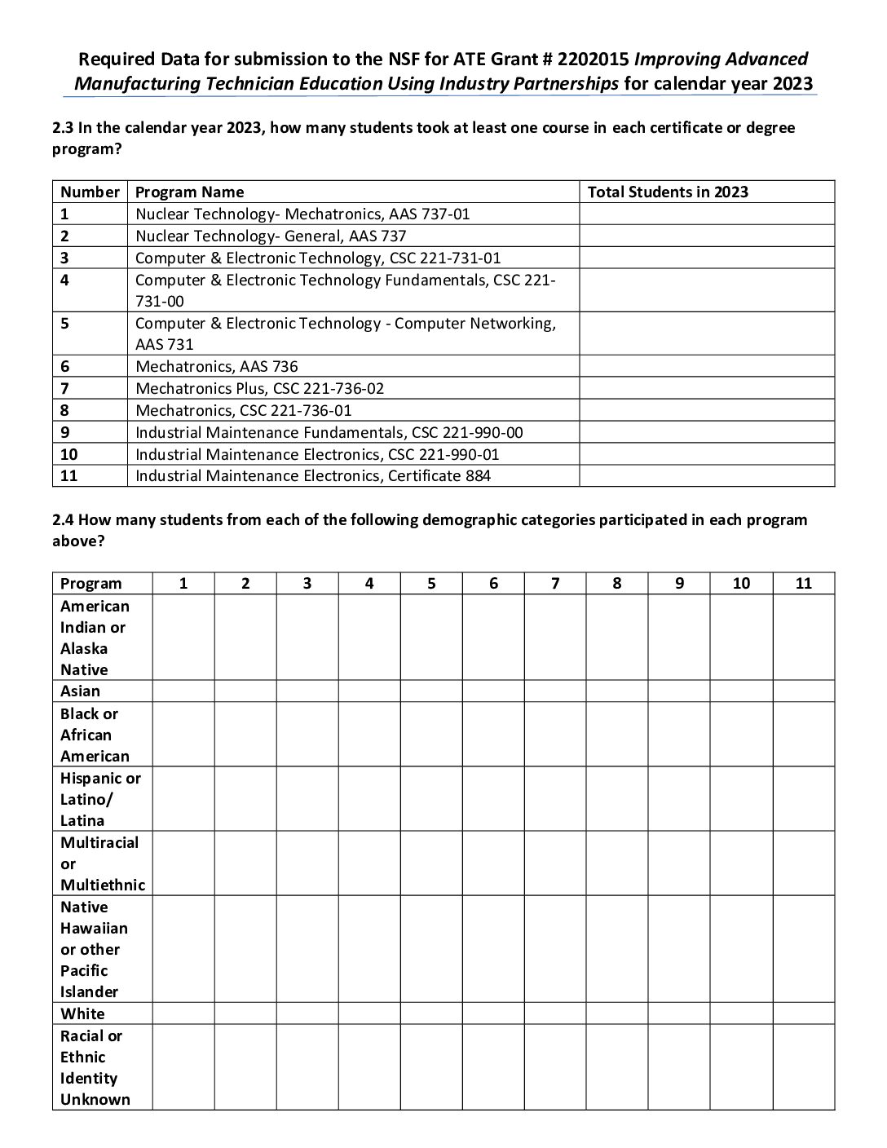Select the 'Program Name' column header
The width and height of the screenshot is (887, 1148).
[189, 192]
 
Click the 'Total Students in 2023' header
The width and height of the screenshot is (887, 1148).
[668, 192]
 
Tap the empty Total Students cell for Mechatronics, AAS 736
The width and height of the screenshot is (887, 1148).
[707, 366]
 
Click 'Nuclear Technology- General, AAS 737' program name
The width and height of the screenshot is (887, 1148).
[271, 236]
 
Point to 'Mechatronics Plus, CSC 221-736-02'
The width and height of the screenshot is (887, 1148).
[259, 388]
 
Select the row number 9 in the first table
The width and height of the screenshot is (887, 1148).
[64, 432]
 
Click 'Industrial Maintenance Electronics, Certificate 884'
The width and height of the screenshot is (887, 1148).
[313, 475]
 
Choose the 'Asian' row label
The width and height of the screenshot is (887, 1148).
[80, 691]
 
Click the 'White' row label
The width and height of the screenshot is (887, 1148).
[82, 1013]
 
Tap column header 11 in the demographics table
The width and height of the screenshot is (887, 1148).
[804, 583]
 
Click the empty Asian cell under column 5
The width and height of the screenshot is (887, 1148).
[431, 691]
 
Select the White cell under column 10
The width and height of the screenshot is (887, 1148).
[741, 1013]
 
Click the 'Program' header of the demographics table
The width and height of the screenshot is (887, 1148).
[90, 583]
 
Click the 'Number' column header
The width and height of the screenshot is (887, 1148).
[90, 192]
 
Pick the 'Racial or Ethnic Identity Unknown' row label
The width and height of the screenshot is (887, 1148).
[95, 1067]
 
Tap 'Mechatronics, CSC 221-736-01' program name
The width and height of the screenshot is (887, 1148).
[244, 410]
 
